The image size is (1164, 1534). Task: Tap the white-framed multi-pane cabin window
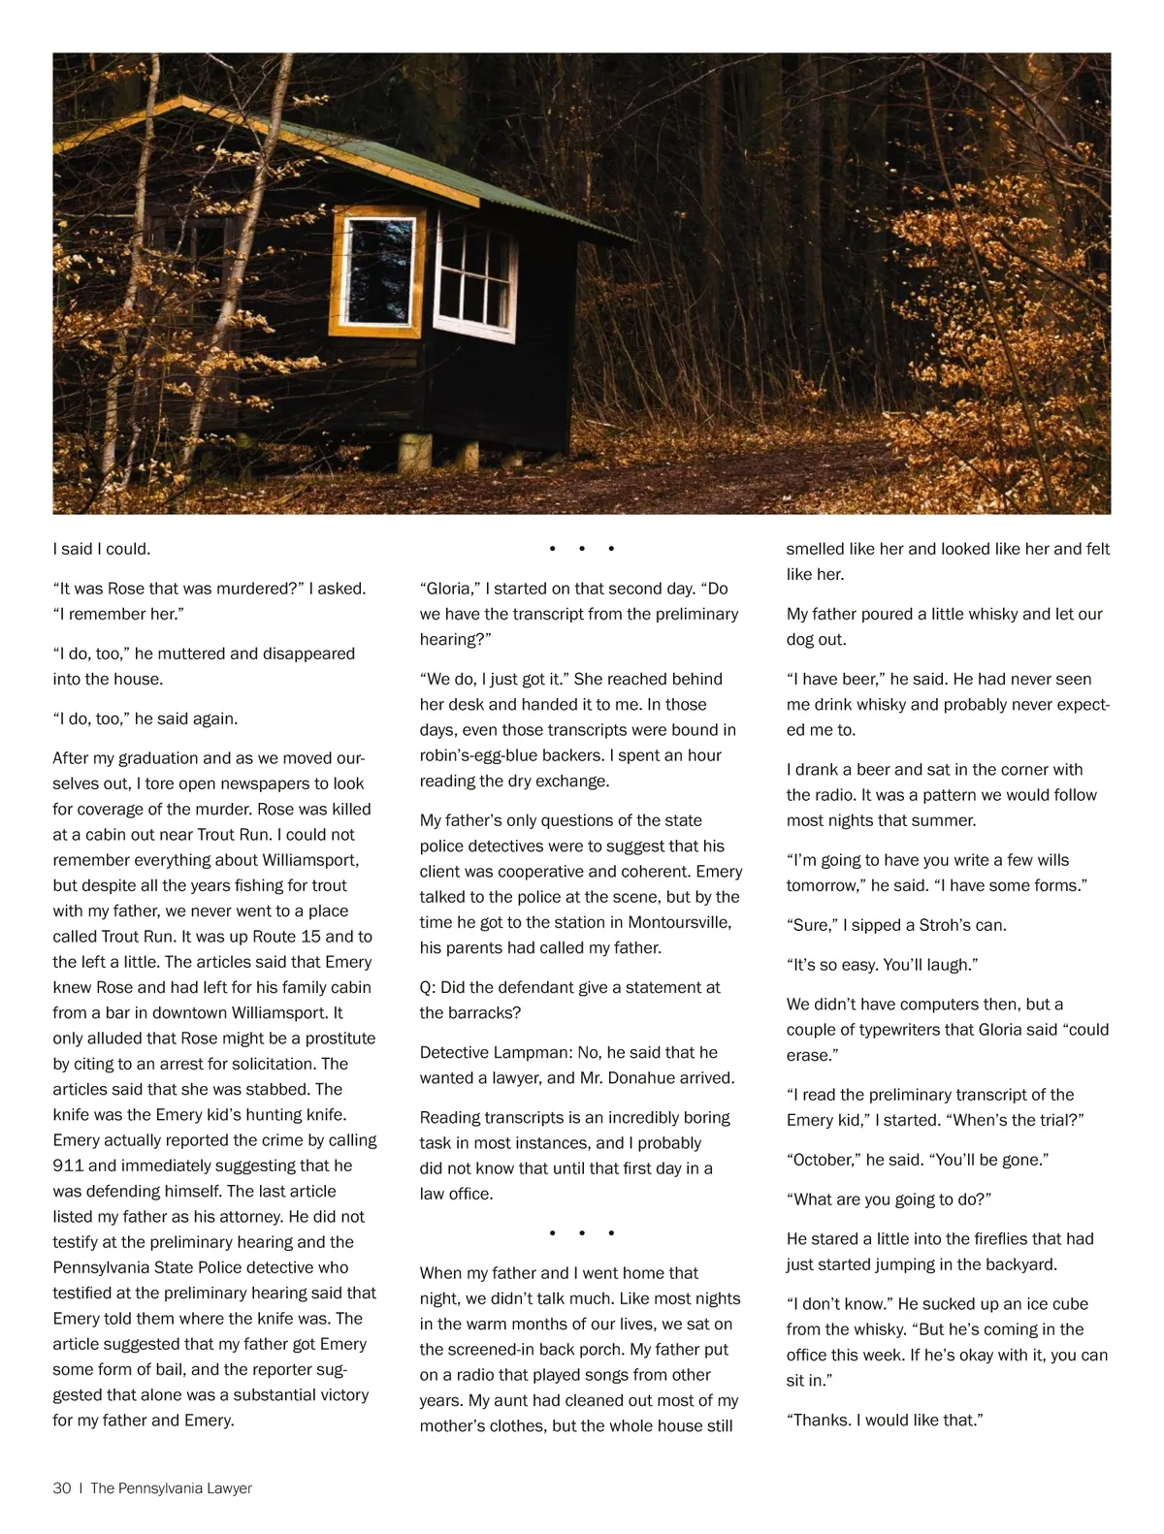pos(475,278)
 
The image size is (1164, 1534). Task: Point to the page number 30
pos(62,1488)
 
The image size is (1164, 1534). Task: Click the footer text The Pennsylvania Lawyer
pos(171,1488)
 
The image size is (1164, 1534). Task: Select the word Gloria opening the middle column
pos(449,589)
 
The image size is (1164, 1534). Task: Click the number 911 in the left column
pos(68,1166)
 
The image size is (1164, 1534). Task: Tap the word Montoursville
pos(680,922)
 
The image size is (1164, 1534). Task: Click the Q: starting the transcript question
pos(428,987)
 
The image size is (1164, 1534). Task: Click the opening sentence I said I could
pos(102,549)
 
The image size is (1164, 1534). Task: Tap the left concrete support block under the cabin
pos(414,450)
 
